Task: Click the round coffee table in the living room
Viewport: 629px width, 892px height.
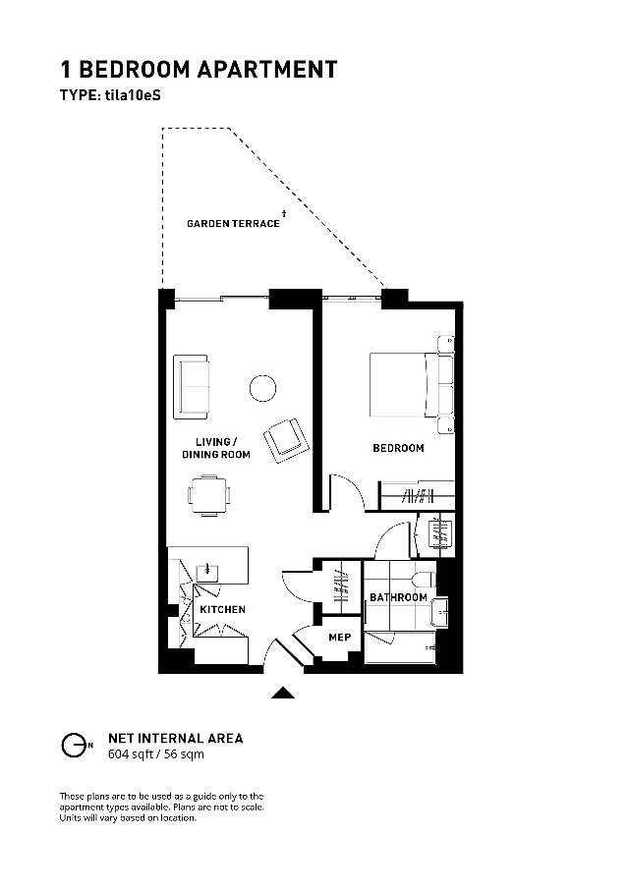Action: (x=263, y=389)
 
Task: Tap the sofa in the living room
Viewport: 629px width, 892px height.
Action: (x=191, y=388)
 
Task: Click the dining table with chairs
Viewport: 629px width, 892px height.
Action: (x=209, y=495)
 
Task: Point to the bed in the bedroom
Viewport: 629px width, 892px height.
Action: (x=411, y=385)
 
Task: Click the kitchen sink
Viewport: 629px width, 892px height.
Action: (x=207, y=573)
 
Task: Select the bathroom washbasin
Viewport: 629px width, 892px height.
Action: (x=440, y=612)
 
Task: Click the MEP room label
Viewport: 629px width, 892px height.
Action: (x=340, y=638)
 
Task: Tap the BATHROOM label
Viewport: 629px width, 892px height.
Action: (x=398, y=597)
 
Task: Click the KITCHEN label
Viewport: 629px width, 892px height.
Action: (x=222, y=609)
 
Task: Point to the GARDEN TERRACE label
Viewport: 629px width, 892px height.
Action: (x=233, y=224)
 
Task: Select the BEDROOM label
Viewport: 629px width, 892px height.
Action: (x=398, y=448)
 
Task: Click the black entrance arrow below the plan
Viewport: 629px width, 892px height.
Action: (x=283, y=693)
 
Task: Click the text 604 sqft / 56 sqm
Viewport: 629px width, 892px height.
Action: (x=156, y=754)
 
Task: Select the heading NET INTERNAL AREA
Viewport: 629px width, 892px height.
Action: (x=176, y=739)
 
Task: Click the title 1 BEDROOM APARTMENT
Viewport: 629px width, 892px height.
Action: (x=200, y=70)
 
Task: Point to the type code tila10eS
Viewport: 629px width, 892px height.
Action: (x=133, y=95)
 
